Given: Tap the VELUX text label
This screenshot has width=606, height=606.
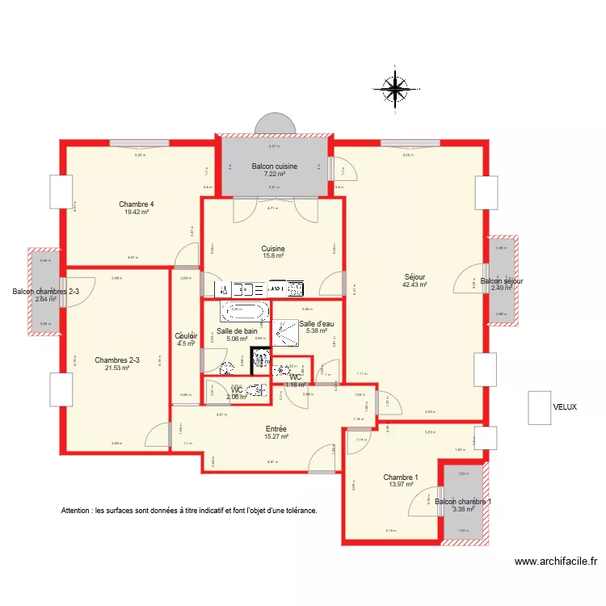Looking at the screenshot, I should point(565,407).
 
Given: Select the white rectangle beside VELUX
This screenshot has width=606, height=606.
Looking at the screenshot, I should point(539,407).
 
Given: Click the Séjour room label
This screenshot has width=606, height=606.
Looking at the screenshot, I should point(415,276).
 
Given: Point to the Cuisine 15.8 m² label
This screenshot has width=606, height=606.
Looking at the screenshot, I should point(273,252).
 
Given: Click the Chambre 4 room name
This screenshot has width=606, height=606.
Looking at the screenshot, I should point(137,204).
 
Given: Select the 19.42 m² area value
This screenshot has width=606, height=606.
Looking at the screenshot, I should point(137,212).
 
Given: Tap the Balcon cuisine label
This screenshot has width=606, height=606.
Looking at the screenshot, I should point(274,166).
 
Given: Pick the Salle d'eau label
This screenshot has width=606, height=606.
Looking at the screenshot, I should point(317,324).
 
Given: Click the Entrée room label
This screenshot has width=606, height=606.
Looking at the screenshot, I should point(276,429).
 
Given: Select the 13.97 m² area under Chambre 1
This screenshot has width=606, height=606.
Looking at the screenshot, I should point(400,485).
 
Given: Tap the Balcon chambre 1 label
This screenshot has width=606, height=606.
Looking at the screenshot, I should point(463,502).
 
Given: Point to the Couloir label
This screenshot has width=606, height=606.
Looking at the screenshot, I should point(187,336).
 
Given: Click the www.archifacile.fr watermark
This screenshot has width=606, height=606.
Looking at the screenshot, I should point(555,562).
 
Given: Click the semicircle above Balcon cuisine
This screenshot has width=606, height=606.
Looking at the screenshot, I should point(275,124).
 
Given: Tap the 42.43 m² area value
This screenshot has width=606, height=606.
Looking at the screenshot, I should point(415,284).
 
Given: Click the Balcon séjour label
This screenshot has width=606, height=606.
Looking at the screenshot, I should point(502,281).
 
